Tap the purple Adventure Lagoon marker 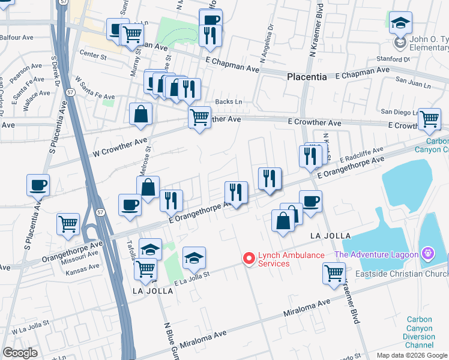click(x=427, y=254)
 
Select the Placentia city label click(x=307, y=77)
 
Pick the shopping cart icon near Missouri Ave click(x=68, y=224)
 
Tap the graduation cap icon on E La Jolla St click(x=194, y=258)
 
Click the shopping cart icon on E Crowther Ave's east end click(x=429, y=119)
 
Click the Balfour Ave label click(x=17, y=37)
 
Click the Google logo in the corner click(x=20, y=353)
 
